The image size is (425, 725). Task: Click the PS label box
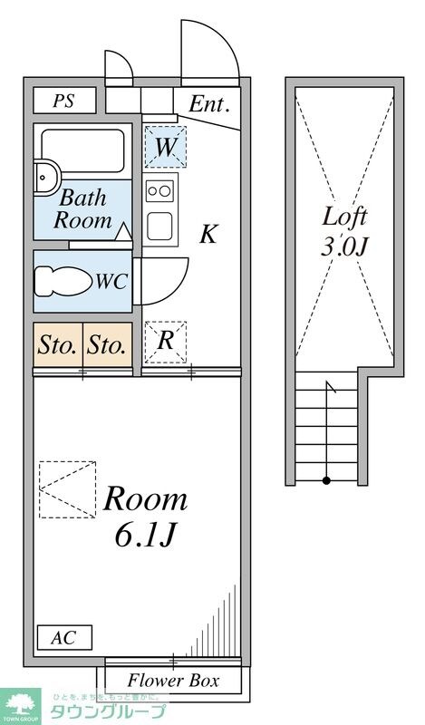pyautogui.click(x=64, y=101)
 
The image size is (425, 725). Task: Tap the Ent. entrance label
pyautogui.click(x=209, y=104)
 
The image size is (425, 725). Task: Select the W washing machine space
pyautogui.click(x=166, y=147)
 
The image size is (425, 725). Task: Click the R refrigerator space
pyautogui.click(x=166, y=343)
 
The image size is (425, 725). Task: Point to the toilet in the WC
pyautogui.click(x=63, y=281)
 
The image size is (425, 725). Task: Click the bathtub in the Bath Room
pyautogui.click(x=82, y=150)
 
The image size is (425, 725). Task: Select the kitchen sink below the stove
pyautogui.click(x=160, y=226)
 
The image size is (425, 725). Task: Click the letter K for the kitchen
pyautogui.click(x=208, y=235)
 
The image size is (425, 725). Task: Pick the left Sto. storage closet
pyautogui.click(x=58, y=345)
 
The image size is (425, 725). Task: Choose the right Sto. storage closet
pyautogui.click(x=108, y=345)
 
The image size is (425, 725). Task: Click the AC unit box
pyautogui.click(x=64, y=638)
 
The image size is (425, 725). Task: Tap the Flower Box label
pyautogui.click(x=173, y=681)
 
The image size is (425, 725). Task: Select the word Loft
pyautogui.click(x=344, y=217)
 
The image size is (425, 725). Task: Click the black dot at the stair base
pyautogui.click(x=326, y=481)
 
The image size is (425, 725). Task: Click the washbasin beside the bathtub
pyautogui.click(x=46, y=178)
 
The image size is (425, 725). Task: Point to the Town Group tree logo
pyautogui.click(x=21, y=704)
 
